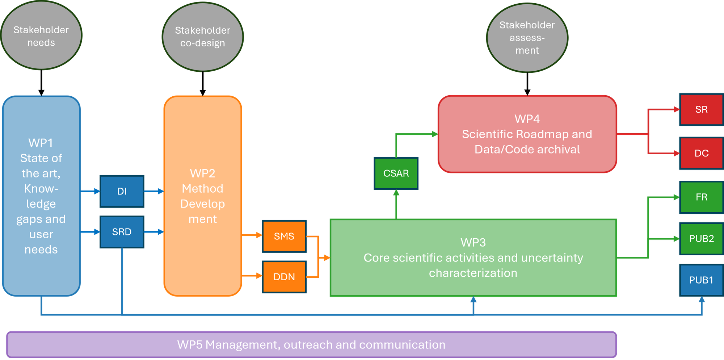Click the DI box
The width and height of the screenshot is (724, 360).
point(122,191)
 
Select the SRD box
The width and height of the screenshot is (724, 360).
point(122,232)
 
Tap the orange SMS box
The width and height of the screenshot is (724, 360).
point(284,236)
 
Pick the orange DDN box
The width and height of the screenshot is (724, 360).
point(284,277)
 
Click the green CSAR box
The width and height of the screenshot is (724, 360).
point(396,173)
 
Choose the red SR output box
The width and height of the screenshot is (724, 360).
point(701,109)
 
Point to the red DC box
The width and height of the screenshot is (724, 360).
point(701,153)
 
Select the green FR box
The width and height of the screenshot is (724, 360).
point(701,197)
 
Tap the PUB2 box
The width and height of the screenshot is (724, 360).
point(701,239)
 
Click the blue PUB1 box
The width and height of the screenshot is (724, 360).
point(701,280)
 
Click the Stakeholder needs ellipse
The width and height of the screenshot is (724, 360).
point(41,35)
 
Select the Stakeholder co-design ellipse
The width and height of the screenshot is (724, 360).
point(203,36)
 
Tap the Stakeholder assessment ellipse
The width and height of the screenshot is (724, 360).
point(527,38)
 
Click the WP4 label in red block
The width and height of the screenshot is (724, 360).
point(527,119)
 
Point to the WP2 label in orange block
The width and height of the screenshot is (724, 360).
point(203,173)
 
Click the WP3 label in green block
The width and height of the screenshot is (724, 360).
point(473,242)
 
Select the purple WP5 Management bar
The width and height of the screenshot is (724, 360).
point(311,344)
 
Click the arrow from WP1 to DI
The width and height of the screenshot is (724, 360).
point(90,191)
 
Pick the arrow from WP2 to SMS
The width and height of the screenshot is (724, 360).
point(252,236)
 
